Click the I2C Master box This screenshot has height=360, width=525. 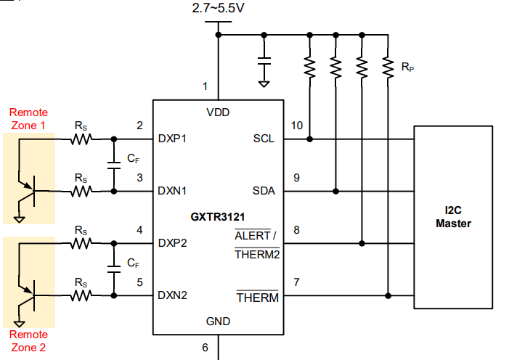tap(453, 216)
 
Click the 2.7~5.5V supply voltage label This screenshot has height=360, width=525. tap(218, 9)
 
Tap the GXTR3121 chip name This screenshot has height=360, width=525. tap(216, 216)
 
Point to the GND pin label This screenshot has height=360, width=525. tap(218, 321)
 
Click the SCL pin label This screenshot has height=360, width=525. tap(264, 139)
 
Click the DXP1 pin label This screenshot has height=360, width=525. tap(172, 139)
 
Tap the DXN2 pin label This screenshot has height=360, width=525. tap(172, 295)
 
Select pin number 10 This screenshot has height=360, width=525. tap(296, 126)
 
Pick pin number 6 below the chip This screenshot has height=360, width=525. tap(205, 348)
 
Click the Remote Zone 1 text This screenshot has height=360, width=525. tap(28, 118)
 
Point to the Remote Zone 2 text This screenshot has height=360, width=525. tap(28, 340)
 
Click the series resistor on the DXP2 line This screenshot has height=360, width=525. tap(80, 243)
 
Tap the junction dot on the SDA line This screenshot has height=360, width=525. tap(335, 191)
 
